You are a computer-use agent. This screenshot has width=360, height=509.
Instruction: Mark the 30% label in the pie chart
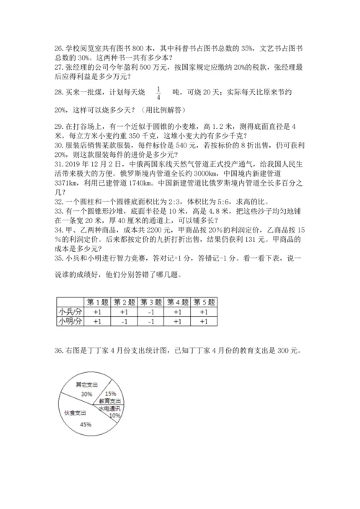click(86, 395)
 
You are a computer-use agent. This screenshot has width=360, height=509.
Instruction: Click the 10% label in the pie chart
click(114, 415)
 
